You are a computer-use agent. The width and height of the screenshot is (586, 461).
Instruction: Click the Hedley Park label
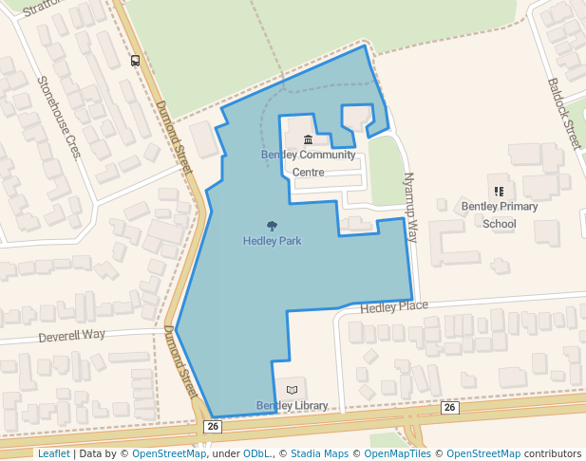[x=272, y=241]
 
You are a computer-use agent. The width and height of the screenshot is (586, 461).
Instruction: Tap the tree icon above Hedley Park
[x=273, y=226]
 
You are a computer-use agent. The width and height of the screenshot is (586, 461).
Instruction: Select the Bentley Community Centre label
[x=308, y=163]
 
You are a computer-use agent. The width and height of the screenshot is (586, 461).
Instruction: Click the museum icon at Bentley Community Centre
[x=308, y=140]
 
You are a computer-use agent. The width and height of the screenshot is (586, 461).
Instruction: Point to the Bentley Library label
[x=292, y=406]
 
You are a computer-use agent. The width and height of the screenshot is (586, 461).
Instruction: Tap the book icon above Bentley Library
[x=292, y=390]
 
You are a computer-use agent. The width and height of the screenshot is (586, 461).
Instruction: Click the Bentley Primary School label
[x=500, y=214]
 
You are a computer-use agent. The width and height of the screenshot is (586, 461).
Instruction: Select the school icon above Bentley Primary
[x=500, y=192]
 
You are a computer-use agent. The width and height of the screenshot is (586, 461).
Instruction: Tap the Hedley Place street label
[x=393, y=306]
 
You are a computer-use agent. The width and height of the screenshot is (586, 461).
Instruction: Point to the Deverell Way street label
[x=71, y=335]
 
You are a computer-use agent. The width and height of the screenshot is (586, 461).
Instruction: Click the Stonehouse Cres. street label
[x=59, y=117]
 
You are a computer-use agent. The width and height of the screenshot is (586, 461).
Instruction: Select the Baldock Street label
[x=564, y=112]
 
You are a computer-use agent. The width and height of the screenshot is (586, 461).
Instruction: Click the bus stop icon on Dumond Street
[x=136, y=61]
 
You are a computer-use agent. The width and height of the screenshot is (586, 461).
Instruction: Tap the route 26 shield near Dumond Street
[x=213, y=427]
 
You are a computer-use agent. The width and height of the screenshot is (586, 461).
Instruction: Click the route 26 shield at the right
[x=450, y=407]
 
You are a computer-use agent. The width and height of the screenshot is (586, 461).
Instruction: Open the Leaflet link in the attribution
[x=53, y=454]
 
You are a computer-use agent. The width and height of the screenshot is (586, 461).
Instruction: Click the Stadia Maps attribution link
[x=319, y=454]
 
